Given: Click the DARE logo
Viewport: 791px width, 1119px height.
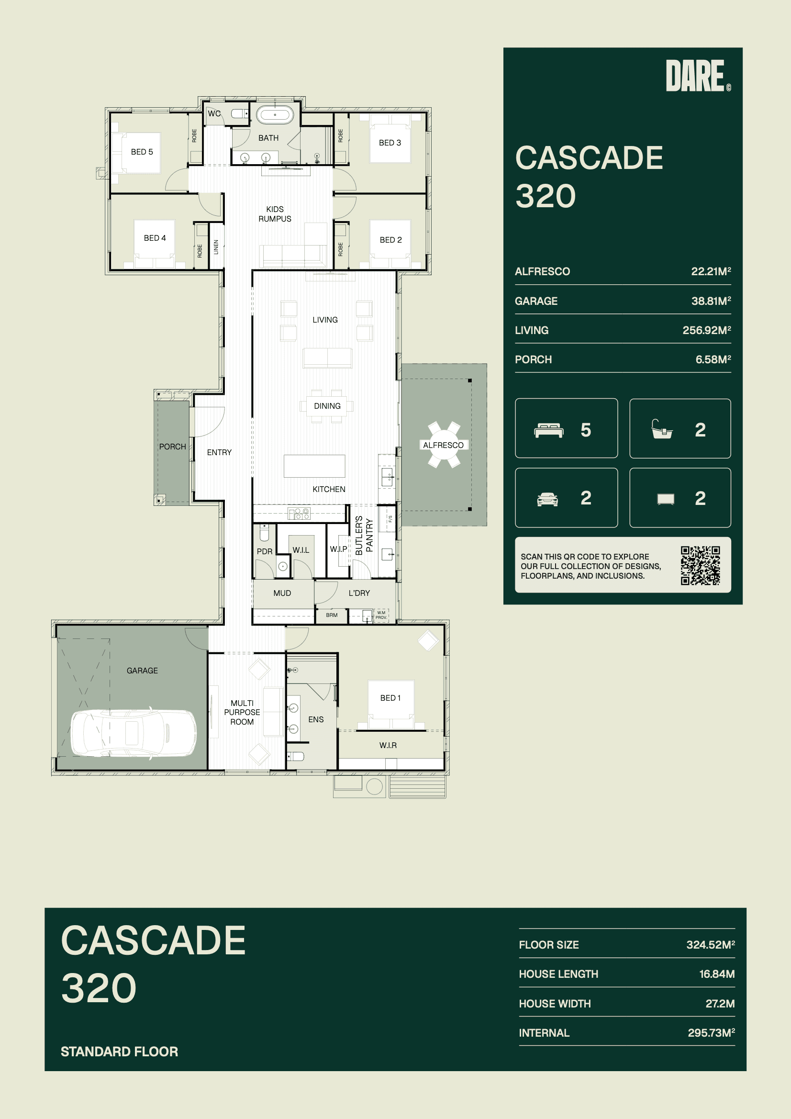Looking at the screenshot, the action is (x=698, y=76).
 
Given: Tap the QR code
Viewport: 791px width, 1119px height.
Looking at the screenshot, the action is (x=701, y=565).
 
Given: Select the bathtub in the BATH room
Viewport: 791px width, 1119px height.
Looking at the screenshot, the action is (x=275, y=115).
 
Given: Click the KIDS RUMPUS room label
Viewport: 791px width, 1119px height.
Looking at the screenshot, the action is (x=275, y=214).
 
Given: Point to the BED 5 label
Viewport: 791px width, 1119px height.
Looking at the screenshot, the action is (x=142, y=152).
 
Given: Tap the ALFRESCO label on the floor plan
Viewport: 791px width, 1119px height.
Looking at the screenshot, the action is (x=443, y=445).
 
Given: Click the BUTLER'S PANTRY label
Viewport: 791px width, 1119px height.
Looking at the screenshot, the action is (x=364, y=535).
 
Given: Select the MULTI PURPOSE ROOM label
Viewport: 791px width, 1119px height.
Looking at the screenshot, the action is (x=242, y=713).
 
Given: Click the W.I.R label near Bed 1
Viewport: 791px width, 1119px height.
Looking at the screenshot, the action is (x=388, y=745).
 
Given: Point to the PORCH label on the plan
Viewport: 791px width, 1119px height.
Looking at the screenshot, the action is (x=173, y=447).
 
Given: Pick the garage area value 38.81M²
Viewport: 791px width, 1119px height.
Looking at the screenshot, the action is (x=711, y=301).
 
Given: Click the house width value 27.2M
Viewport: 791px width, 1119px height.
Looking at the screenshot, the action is (x=720, y=1004).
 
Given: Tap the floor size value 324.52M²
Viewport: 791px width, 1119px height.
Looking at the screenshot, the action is (x=711, y=944).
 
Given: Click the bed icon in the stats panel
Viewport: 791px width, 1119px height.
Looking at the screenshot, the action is (x=549, y=430).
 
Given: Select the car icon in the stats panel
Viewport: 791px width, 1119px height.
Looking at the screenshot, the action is (x=547, y=499).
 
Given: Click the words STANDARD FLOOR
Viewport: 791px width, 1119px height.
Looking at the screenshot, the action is (x=120, y=1052).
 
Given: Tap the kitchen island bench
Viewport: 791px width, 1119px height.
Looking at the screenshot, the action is (x=314, y=466).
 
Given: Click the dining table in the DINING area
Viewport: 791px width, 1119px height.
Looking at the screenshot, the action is (x=327, y=406).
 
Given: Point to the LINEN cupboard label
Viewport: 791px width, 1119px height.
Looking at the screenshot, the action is (x=216, y=246).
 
